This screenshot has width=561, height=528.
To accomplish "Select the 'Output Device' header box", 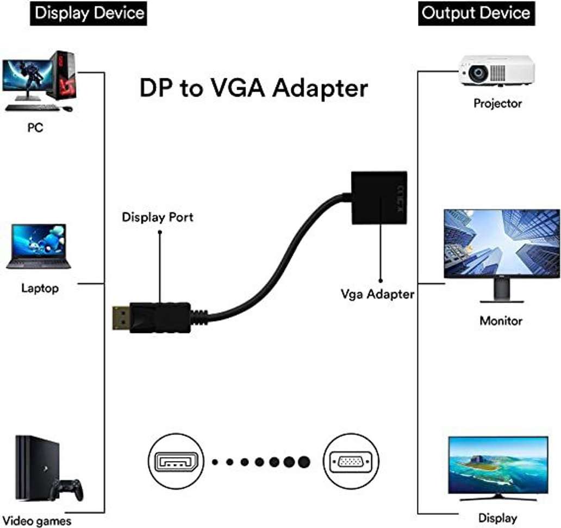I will (476, 13).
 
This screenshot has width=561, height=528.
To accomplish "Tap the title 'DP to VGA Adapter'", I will (254, 87).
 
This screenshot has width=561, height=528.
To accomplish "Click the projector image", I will (496, 71).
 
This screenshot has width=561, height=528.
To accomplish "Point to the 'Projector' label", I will (497, 103).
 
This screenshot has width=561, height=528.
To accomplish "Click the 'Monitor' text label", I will (501, 320).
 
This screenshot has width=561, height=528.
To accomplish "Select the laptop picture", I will (39, 247).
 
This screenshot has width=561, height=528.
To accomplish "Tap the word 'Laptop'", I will (40, 288).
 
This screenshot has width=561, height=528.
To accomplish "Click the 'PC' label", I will (35, 129).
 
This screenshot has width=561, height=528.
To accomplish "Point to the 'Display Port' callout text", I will (157, 217).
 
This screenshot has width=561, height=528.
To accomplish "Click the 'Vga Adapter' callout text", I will (377, 294).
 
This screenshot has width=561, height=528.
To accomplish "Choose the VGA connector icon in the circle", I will (351, 462).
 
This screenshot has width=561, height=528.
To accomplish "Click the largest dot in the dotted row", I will (303, 462).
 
